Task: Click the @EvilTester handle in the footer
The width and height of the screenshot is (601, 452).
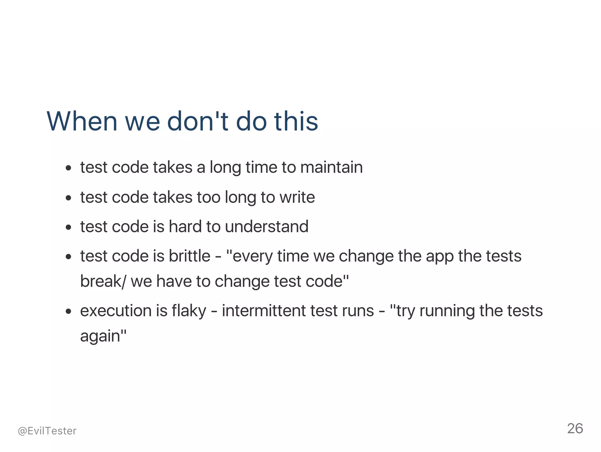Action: pyautogui.click(x=47, y=431)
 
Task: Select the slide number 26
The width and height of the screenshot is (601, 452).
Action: pyautogui.click(x=575, y=428)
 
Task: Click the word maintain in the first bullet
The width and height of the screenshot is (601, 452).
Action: pyautogui.click(x=331, y=167)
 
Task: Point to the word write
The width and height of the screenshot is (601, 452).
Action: pyautogui.click(x=297, y=197)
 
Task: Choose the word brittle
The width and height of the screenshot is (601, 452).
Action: pyautogui.click(x=189, y=256)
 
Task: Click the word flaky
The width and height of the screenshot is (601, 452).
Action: pyautogui.click(x=189, y=311)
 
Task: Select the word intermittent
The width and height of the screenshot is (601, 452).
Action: pyautogui.click(x=264, y=311)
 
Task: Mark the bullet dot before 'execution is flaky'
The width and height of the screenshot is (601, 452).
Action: pyautogui.click(x=68, y=311)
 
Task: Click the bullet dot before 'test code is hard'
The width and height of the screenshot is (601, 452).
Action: pyautogui.click(x=68, y=227)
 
